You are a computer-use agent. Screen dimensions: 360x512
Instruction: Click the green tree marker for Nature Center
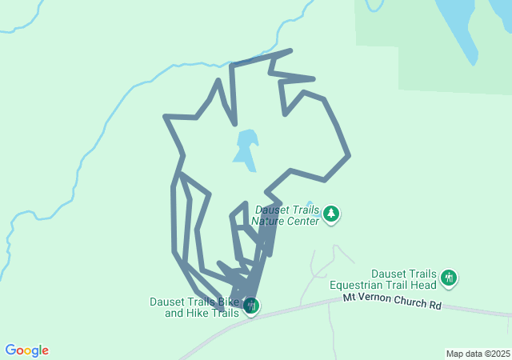pos(331,214)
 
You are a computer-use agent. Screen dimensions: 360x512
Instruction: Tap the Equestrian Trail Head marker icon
pos(448,278)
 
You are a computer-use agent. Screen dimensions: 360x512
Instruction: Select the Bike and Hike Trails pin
pos(251,305)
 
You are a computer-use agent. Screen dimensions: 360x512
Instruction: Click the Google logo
pos(27,350)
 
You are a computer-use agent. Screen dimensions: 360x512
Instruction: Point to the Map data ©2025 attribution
pos(477,354)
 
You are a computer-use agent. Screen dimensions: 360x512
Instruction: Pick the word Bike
pos(228,302)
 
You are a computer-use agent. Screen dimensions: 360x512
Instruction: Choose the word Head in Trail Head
pos(424,284)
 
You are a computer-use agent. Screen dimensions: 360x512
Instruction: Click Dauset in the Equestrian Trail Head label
pos(388,274)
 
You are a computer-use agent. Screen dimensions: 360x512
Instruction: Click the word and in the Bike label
pos(174,313)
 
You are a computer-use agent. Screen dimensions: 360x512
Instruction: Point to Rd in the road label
pos(434,305)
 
